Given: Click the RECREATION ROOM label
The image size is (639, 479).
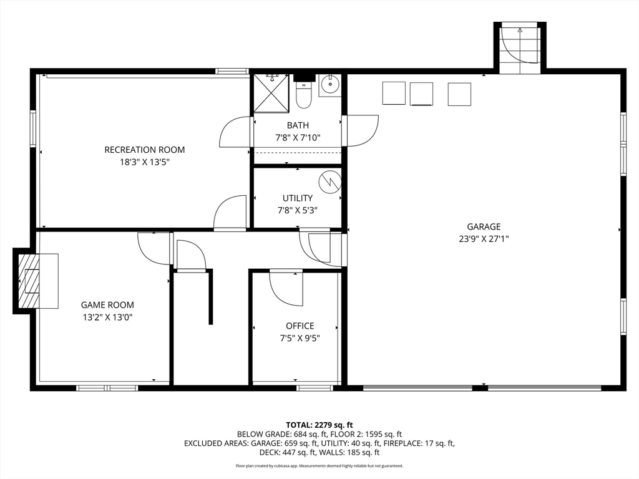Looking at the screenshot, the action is (x=145, y=150).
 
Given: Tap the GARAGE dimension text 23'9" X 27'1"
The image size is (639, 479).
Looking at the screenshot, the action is (x=484, y=239).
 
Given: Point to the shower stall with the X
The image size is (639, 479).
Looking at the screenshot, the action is (x=271, y=93).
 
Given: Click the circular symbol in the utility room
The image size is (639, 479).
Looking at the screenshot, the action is (x=329, y=181).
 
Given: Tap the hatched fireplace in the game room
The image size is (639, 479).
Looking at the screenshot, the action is (x=29, y=281).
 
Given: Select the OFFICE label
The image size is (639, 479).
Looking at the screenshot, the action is (x=300, y=326).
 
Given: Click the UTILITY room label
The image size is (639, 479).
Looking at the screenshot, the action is (x=298, y=198).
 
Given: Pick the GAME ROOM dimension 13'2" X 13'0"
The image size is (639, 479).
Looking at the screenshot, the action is (x=107, y=317).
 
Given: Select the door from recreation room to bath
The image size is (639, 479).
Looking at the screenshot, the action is (x=235, y=132).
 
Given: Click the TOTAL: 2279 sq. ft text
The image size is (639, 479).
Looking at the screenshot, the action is (x=319, y=425).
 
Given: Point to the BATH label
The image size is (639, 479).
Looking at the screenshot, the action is (x=298, y=125).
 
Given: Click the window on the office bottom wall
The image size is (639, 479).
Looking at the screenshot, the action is (x=315, y=388).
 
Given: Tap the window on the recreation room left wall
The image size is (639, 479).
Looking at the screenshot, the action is (x=32, y=128).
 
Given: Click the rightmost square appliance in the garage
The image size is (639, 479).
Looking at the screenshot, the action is (x=459, y=94).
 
